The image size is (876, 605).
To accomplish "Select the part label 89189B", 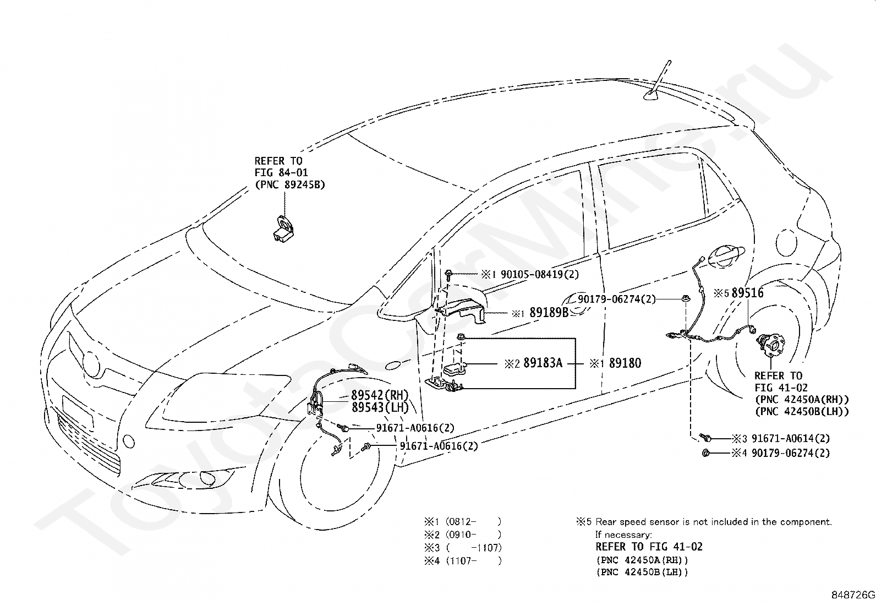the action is tap(549, 312).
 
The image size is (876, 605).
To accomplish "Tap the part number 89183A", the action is tap(543, 363).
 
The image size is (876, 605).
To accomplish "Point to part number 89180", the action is tap(625, 363).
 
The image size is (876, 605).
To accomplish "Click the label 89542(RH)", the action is tap(380, 395).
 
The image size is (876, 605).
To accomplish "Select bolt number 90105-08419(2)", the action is tap(540, 274).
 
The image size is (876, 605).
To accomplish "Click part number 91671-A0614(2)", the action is tap(790, 438).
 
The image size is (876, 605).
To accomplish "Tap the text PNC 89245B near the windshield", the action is tap(290, 185).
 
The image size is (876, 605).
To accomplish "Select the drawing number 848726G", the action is tap(853, 595).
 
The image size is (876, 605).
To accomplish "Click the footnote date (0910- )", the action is tap(473, 535).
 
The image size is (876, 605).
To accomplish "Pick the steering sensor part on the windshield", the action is tap(284, 228).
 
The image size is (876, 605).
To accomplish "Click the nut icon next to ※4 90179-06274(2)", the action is tap(706, 453).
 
